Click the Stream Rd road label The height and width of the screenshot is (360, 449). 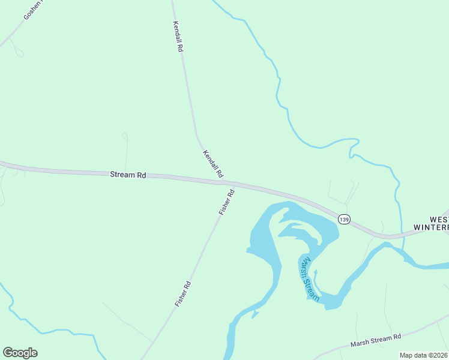click(x=128, y=175)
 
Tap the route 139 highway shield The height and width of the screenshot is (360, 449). click(x=343, y=219)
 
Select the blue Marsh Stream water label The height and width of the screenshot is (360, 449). click(x=308, y=278)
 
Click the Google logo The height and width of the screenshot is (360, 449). click(x=20, y=352)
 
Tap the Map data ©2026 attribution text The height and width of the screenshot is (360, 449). click(x=423, y=355)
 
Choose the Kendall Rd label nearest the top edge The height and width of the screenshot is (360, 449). click(x=177, y=37)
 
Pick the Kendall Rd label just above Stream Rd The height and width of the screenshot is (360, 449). click(x=213, y=163)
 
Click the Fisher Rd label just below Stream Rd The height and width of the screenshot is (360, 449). click(x=226, y=202)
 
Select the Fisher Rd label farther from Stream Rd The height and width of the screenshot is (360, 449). click(x=183, y=294)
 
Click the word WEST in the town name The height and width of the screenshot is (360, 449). click(x=439, y=220)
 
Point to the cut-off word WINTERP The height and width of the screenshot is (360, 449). click(x=432, y=227)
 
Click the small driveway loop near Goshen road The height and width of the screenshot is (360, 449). click(x=19, y=53)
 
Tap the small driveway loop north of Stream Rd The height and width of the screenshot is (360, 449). click(x=125, y=136)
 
